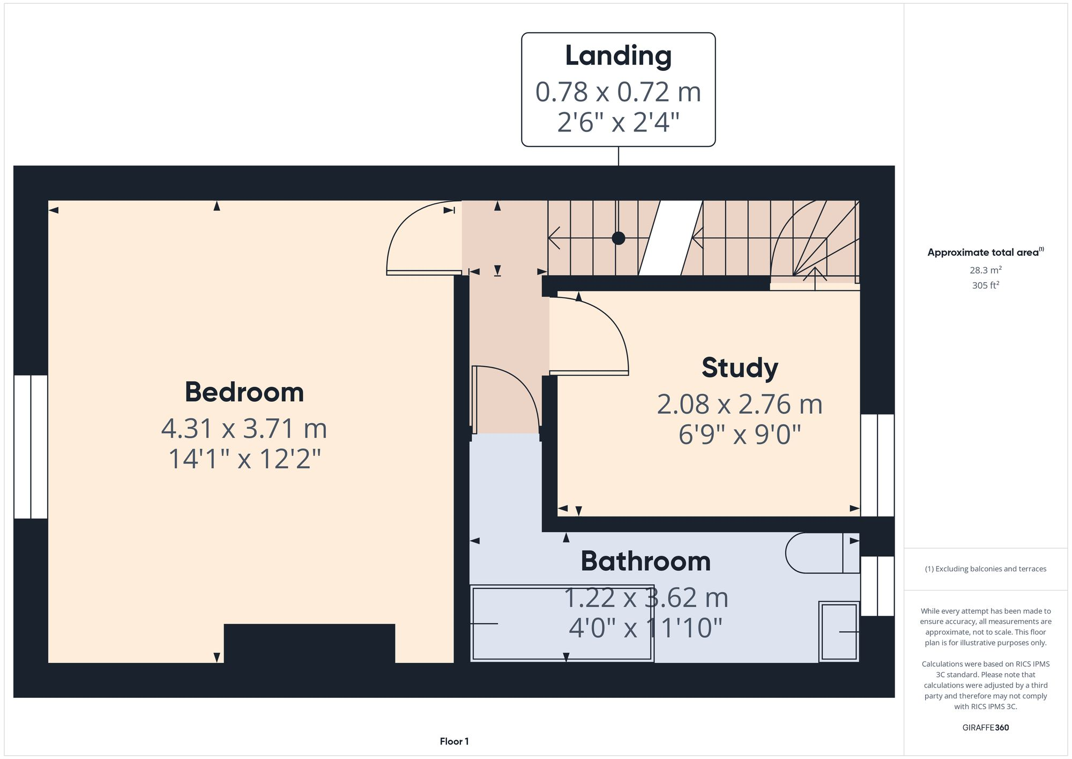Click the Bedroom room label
244,392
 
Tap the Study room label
740,368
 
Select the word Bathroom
645,561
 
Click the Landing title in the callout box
618,56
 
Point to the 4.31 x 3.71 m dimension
244,429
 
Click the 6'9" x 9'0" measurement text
740,434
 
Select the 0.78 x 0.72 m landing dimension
618,92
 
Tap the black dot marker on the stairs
619,238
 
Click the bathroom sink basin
839,632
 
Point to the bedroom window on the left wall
31,446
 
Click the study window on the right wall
877,465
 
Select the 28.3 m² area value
985,270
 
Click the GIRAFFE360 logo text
985,727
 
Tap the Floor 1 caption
454,741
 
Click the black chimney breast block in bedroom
309,643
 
